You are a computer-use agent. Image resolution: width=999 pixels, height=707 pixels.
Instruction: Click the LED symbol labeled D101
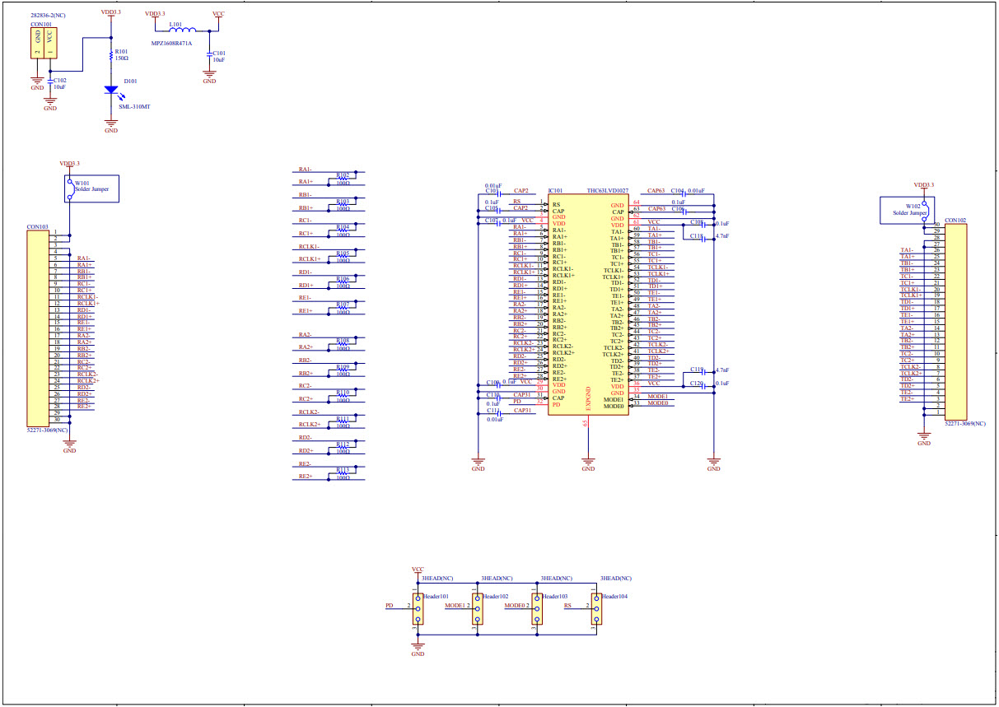111,90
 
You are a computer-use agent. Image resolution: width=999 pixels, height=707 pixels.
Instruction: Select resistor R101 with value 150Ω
111,56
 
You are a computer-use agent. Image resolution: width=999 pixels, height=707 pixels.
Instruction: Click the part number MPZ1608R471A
171,43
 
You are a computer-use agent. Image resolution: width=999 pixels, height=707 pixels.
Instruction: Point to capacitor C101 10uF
210,55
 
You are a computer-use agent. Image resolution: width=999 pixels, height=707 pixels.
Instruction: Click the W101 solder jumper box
92,189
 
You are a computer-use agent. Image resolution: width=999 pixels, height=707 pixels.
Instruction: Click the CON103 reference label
37,226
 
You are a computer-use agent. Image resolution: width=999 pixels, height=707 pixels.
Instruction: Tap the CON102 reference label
955,221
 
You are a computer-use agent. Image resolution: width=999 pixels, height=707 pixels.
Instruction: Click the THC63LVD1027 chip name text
607,191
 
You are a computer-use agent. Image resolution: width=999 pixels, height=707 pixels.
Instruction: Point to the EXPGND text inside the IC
588,398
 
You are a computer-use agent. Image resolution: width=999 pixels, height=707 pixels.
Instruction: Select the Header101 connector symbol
418,607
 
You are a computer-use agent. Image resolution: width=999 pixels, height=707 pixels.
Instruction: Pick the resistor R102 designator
343,175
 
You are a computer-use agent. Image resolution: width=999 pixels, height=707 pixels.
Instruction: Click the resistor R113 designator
343,470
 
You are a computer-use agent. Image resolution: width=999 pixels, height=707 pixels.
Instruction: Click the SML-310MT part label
134,107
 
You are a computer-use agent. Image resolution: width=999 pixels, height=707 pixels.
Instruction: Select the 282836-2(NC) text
49,16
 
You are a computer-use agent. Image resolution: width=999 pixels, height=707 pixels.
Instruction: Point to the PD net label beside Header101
390,605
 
